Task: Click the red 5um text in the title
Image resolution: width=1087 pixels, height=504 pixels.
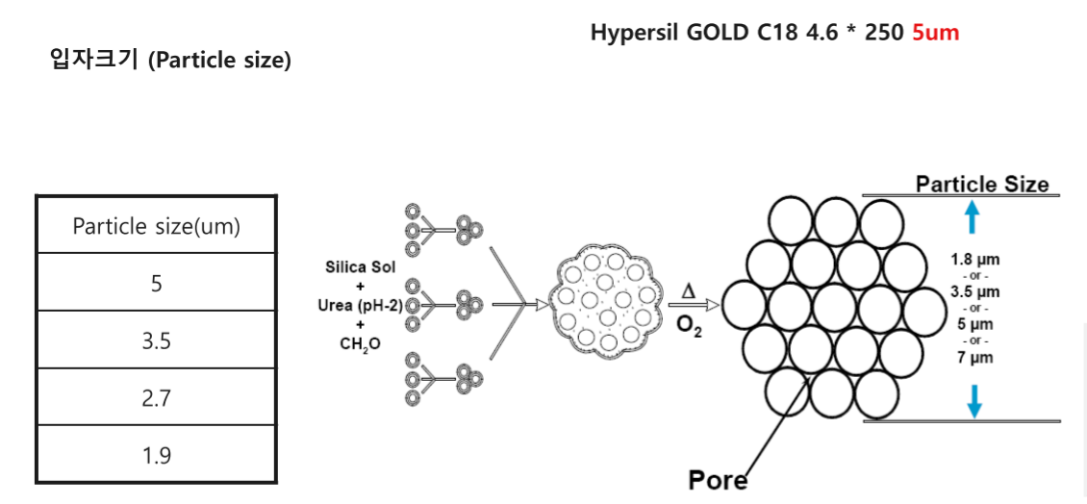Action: (x=935, y=32)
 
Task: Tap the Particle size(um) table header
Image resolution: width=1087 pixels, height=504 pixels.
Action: (x=156, y=227)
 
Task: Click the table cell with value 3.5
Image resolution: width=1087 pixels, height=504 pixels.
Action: (x=156, y=340)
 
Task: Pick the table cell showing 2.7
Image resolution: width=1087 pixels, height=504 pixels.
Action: (x=156, y=398)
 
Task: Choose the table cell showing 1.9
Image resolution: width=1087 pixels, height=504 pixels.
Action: (x=156, y=455)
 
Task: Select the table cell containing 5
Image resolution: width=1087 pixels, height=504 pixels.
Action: (x=156, y=284)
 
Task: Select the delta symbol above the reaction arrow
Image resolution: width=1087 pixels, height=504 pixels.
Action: (x=688, y=290)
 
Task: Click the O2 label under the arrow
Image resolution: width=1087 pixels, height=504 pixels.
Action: (x=689, y=326)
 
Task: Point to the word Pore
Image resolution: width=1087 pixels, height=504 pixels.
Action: (x=718, y=479)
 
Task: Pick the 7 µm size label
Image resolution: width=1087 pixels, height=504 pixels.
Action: (x=974, y=358)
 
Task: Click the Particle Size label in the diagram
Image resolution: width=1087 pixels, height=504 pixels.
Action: (x=981, y=184)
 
